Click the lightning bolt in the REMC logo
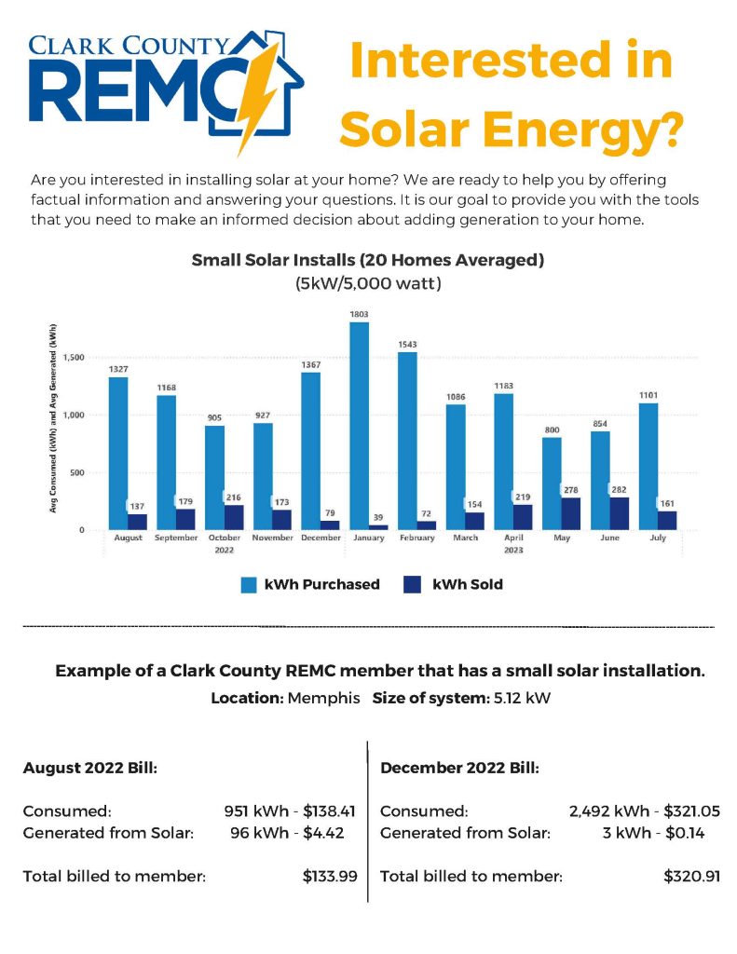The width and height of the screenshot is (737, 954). click(x=258, y=93)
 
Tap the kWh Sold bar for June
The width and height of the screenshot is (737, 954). click(x=620, y=513)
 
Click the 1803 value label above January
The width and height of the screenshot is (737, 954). click(x=358, y=314)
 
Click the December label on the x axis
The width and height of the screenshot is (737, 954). click(x=320, y=538)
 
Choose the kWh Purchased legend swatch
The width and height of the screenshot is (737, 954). click(x=249, y=585)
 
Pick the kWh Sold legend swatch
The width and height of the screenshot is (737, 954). click(x=413, y=585)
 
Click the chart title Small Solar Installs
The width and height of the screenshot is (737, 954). click(x=367, y=260)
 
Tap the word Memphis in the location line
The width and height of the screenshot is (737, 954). click(x=323, y=698)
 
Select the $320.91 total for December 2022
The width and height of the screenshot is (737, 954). click(x=691, y=876)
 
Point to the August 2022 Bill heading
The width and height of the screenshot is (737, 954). click(x=89, y=770)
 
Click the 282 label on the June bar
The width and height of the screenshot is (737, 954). click(x=620, y=489)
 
